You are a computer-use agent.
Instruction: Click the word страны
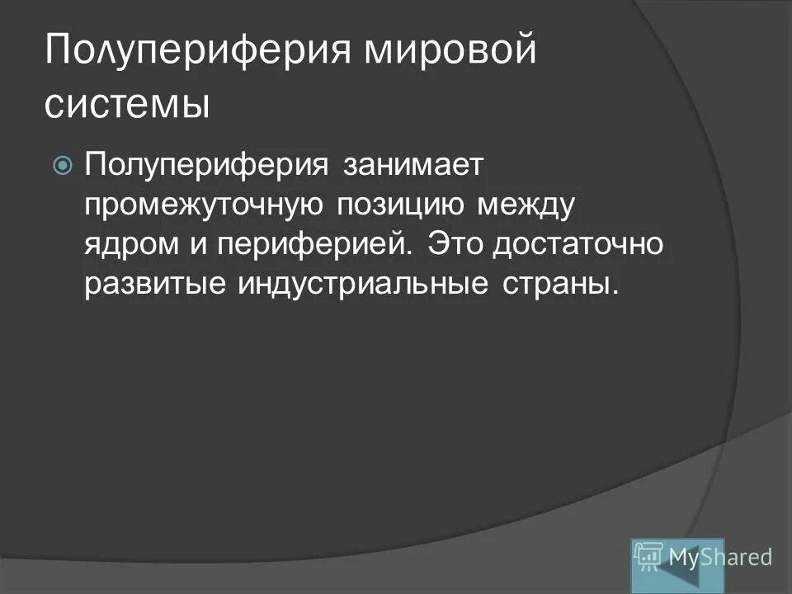(560, 285)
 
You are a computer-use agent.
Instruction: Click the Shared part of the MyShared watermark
(738, 558)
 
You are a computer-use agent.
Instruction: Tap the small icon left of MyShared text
(649, 558)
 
